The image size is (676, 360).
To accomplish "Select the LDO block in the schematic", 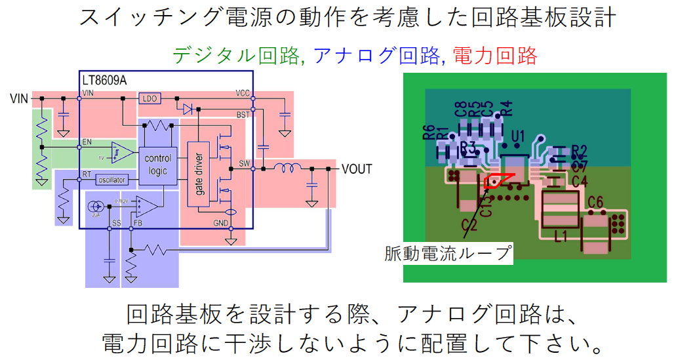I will pos(148,98).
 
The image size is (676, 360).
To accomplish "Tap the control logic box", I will pos(157,165).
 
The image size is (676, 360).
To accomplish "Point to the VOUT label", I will pos(356,169).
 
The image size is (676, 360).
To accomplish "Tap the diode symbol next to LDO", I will pos(189,109).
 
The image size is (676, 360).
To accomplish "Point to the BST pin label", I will pos(243,114).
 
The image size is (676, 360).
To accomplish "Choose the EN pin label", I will pos(87,142).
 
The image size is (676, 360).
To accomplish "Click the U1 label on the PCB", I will pos(518,136).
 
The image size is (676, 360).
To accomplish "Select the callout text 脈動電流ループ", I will pos(448,254).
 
